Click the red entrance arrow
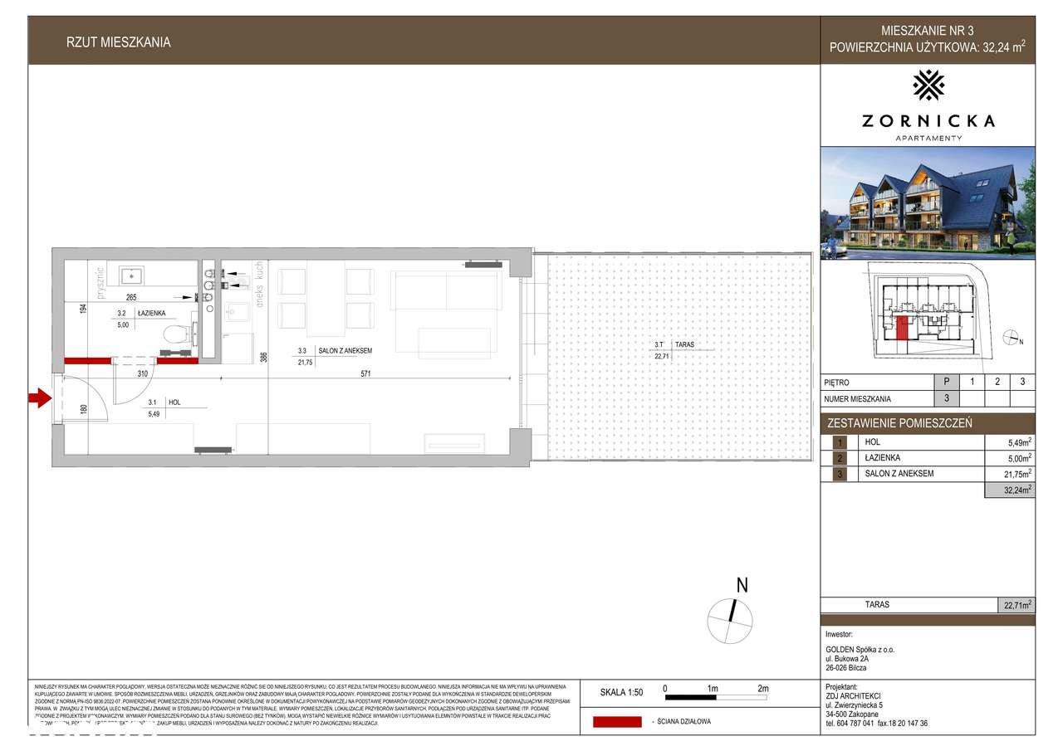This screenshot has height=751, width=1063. coord(39,399)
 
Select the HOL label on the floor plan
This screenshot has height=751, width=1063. coord(174,402)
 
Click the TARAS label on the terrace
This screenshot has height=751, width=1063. coord(684,344)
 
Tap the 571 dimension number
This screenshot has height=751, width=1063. coord(365,374)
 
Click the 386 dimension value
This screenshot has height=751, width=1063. coord(263,358)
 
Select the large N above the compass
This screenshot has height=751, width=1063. coord(742,585)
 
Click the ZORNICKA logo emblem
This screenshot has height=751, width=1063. coord(928,85)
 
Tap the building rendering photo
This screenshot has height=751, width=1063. coord(928,203)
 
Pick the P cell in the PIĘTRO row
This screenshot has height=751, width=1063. coord(946,383)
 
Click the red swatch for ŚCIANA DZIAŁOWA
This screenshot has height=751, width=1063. coord(616,721)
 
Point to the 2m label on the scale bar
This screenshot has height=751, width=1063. coord(763,689)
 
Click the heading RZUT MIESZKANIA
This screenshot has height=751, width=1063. coord(119,42)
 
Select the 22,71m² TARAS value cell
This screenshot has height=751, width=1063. coord(1016,605)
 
